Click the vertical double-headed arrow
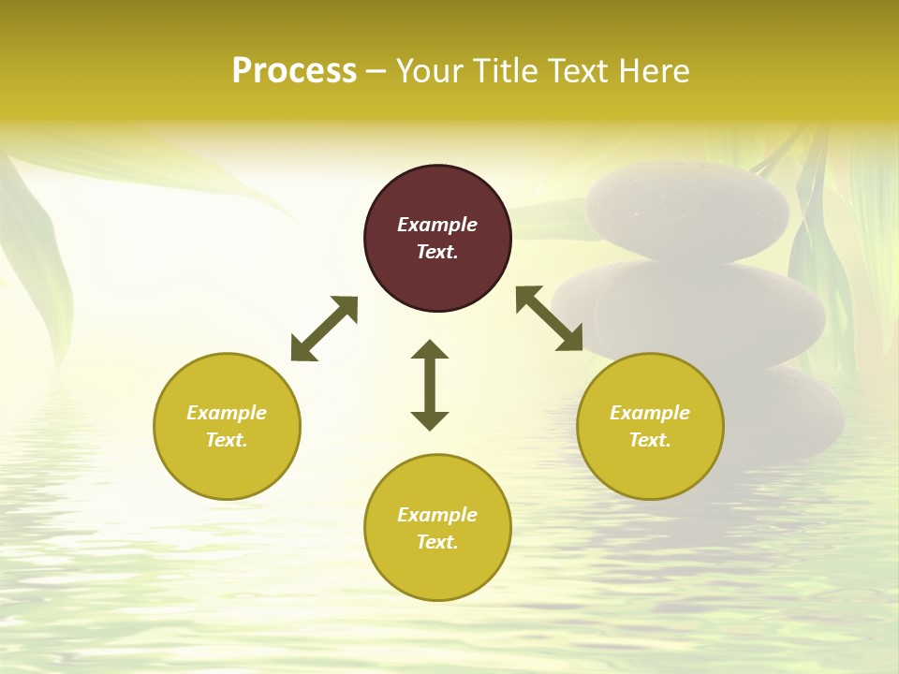tap(430, 385)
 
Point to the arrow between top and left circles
tap(324, 329)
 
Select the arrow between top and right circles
tap(549, 318)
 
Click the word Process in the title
tap(294, 71)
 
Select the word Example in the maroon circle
tap(437, 225)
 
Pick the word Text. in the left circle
tap(227, 440)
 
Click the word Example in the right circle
tap(650, 413)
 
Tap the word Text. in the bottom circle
tap(437, 542)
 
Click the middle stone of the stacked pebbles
tap(693, 314)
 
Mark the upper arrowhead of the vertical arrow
tap(430, 349)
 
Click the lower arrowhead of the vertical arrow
tap(430, 420)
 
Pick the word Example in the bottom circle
tap(437, 515)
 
